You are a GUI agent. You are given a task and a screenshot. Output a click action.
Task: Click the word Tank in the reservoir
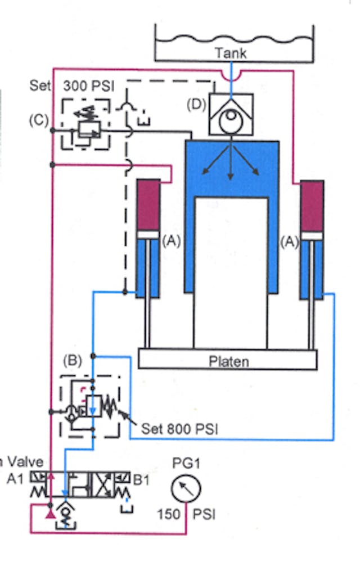click(x=231, y=53)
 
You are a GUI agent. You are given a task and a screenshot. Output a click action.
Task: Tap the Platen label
click(x=228, y=361)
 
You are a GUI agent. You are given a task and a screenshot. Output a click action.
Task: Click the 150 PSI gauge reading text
click(x=186, y=514)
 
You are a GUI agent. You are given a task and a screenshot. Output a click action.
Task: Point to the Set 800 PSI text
click(x=181, y=429)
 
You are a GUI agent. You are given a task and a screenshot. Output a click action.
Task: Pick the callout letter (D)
click(x=197, y=105)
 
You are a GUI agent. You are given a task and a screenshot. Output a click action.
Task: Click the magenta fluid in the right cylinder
click(x=312, y=205)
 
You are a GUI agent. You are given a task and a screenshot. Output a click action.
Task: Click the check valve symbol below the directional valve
click(x=65, y=509)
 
